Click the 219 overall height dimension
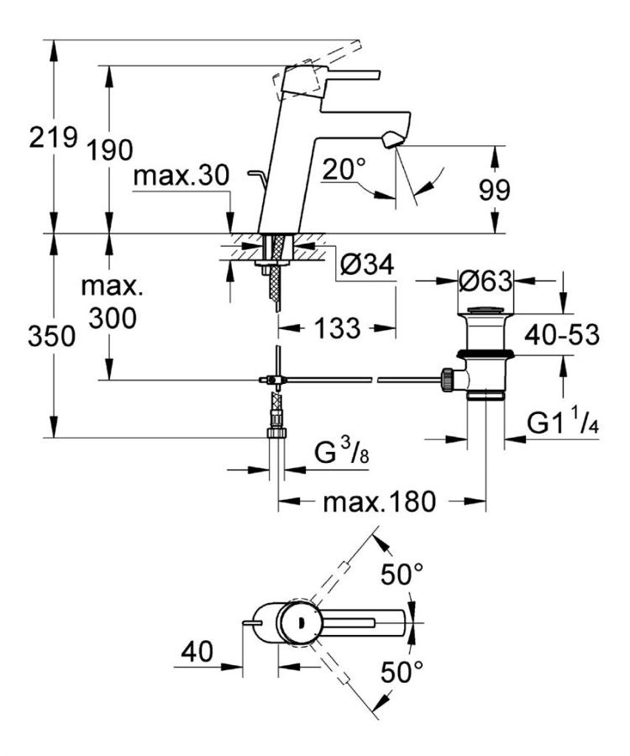click(x=52, y=138)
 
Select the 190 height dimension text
click(x=109, y=151)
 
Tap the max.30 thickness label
click(x=181, y=176)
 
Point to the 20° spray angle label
click(x=344, y=170)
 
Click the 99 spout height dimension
click(x=494, y=190)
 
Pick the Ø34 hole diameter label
click(x=366, y=266)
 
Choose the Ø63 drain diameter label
click(x=485, y=281)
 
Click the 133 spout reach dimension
click(x=337, y=329)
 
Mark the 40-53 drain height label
click(x=561, y=335)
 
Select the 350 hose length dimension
click(x=51, y=337)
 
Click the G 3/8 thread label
click(x=342, y=453)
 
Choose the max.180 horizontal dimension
click(x=379, y=502)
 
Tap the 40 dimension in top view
click(x=197, y=652)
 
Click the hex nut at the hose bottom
click(x=276, y=433)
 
